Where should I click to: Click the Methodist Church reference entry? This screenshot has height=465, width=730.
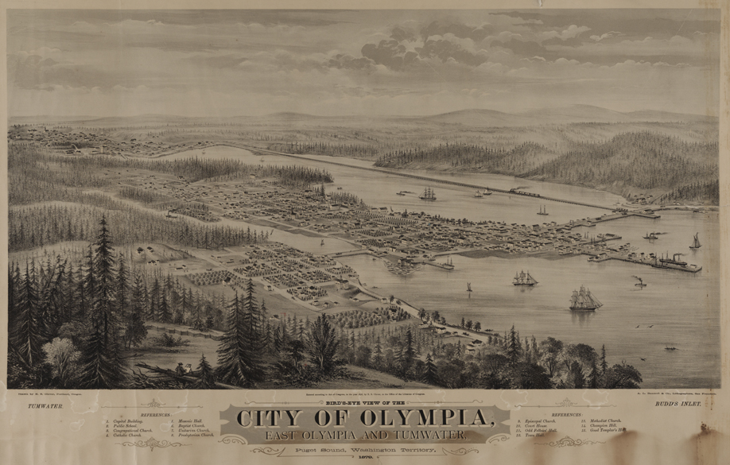(604, 420)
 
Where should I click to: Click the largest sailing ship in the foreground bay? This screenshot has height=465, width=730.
(584, 299)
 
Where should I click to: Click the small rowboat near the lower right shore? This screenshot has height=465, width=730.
(671, 347)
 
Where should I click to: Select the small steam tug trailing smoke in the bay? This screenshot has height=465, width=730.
(639, 281)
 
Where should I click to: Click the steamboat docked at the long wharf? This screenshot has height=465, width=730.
(673, 259)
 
